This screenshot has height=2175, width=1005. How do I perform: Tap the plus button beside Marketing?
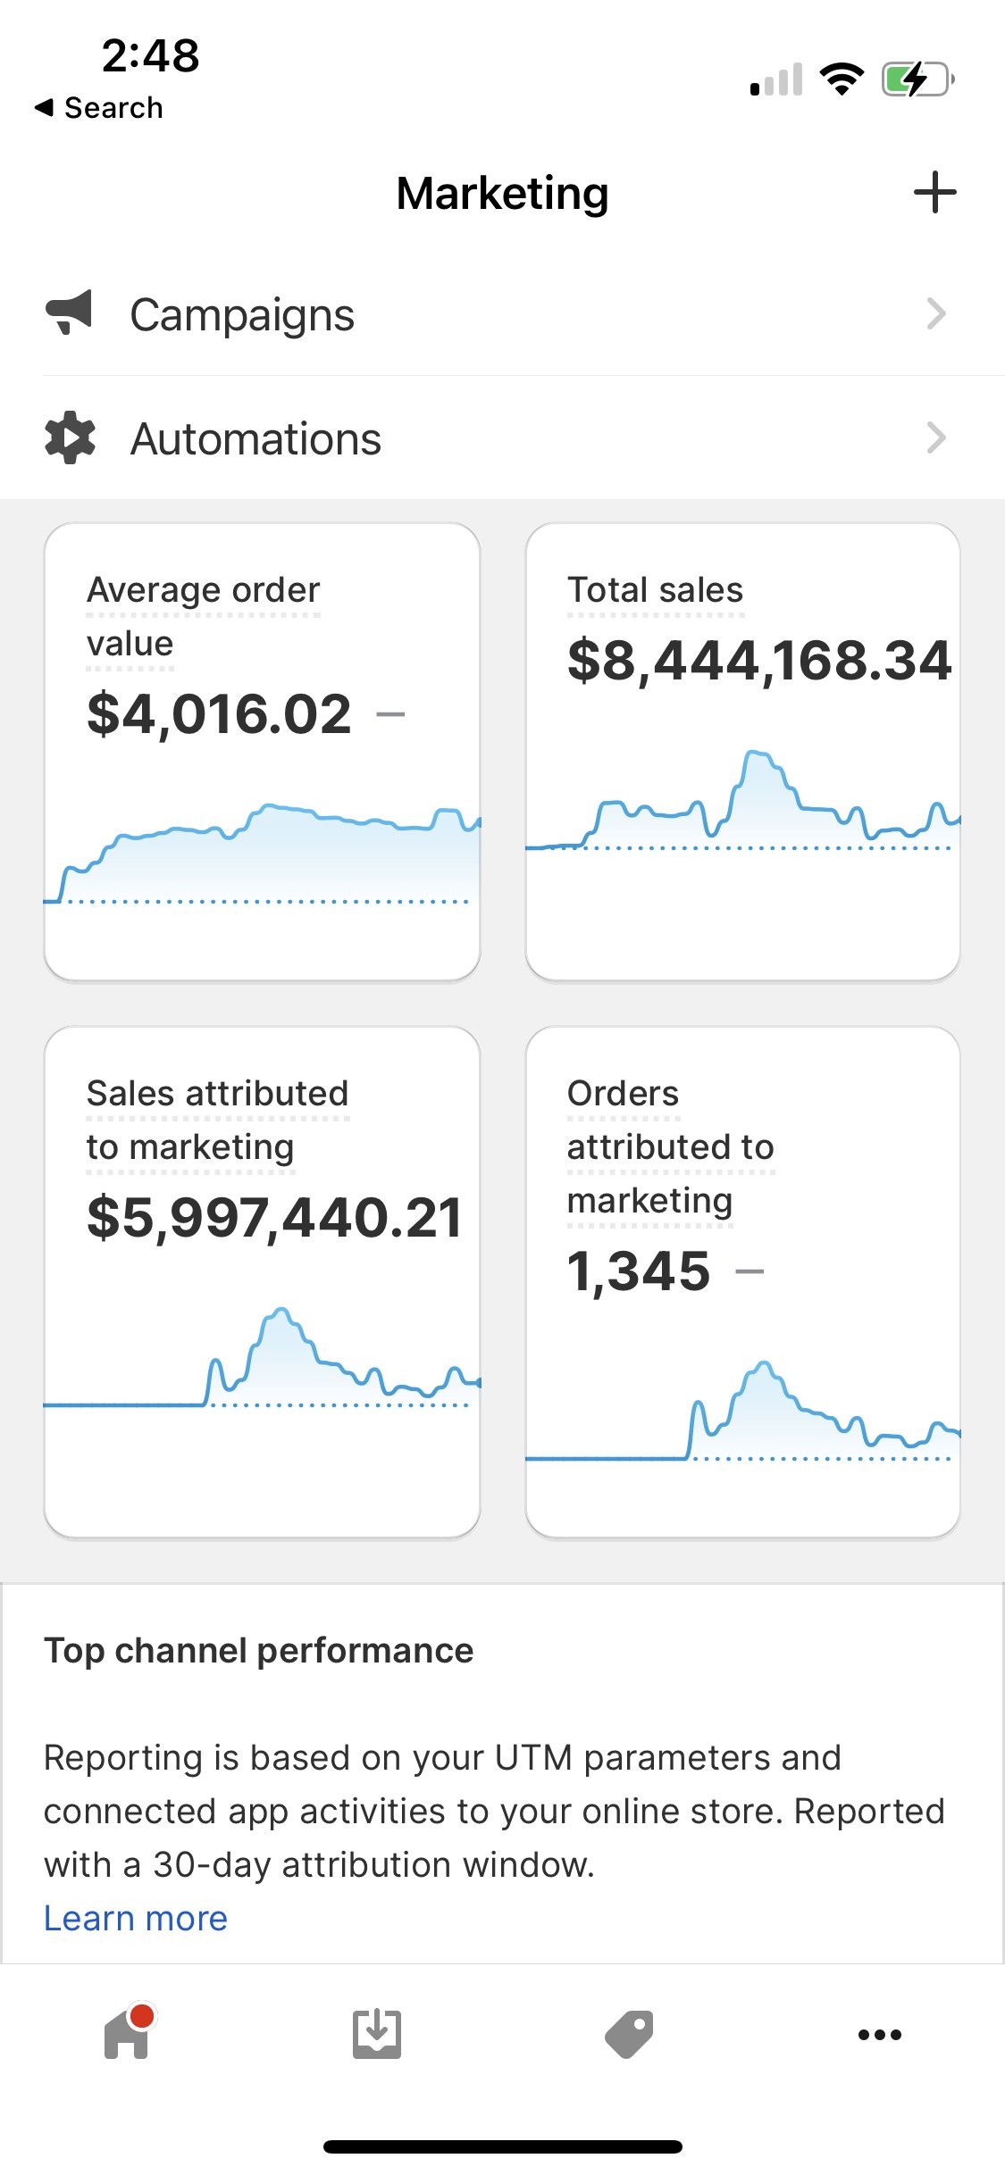pos(934,192)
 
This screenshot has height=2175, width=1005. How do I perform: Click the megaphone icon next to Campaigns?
pos(69,313)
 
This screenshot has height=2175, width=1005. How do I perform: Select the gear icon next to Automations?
pos(70,437)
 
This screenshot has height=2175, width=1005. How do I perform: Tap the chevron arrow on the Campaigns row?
pos(935,313)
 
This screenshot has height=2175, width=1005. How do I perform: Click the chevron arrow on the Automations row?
pos(935,437)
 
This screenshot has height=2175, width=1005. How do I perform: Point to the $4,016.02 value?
pos(220,714)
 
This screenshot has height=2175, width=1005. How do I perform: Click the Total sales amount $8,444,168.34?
pos(759,661)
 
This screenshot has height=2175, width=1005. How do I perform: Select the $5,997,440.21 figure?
pos(274,1218)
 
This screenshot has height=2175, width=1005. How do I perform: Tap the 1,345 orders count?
pos(639,1271)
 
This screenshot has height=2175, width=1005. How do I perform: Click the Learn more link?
pos(136,1918)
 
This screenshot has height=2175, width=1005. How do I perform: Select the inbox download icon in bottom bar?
pos(377,2035)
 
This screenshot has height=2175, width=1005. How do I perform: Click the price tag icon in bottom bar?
pos(629,2035)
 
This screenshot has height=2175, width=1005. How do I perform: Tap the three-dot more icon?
pos(880,2035)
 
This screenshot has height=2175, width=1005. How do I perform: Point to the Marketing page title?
pos(502,193)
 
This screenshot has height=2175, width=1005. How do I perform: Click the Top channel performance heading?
pos(259,1651)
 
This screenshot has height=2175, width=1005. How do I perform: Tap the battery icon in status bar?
pos(917,79)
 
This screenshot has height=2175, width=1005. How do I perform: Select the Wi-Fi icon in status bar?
pos(842,79)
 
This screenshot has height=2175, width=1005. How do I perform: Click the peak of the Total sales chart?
pos(758,754)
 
